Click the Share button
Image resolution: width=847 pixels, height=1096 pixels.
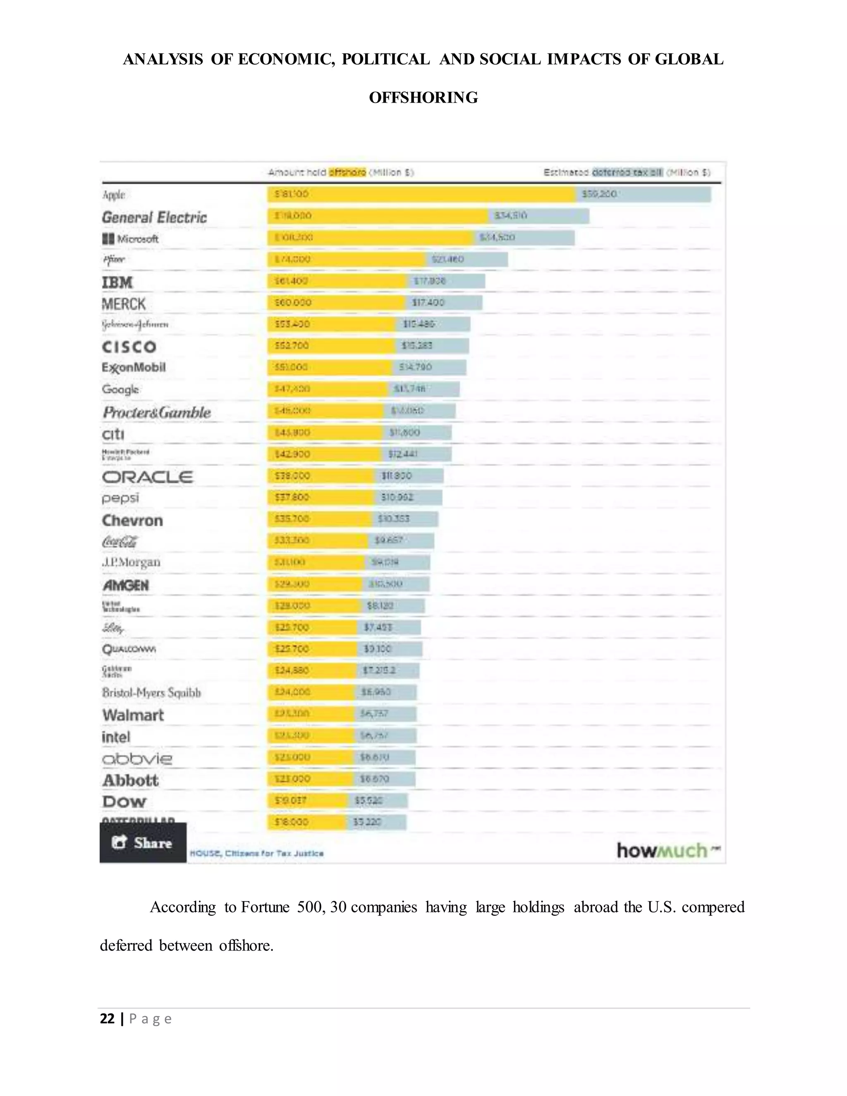coord(143,842)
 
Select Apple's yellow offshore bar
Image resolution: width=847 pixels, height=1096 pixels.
coord(421,194)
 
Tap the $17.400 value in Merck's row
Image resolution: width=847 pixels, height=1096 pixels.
coord(428,303)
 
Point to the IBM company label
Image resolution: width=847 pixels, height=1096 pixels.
coord(117,282)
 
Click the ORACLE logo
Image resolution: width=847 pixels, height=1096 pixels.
coord(147,477)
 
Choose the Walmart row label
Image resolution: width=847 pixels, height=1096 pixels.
coord(133,715)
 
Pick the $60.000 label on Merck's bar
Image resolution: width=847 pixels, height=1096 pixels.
coord(293,303)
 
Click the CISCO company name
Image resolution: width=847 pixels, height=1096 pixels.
coord(129,347)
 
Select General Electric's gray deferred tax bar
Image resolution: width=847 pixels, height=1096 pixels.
coord(539,216)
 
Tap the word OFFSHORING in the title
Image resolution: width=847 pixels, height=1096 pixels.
coord(423,97)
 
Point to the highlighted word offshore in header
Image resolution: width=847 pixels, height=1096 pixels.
coord(347,172)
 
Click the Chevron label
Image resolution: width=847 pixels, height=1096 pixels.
coord(132,520)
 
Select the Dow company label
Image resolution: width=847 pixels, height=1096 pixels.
coord(124,802)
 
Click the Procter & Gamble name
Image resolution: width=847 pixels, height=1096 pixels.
coord(157,412)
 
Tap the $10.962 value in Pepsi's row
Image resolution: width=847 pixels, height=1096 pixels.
coord(397,497)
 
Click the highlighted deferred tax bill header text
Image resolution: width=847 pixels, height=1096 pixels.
coord(627,172)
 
